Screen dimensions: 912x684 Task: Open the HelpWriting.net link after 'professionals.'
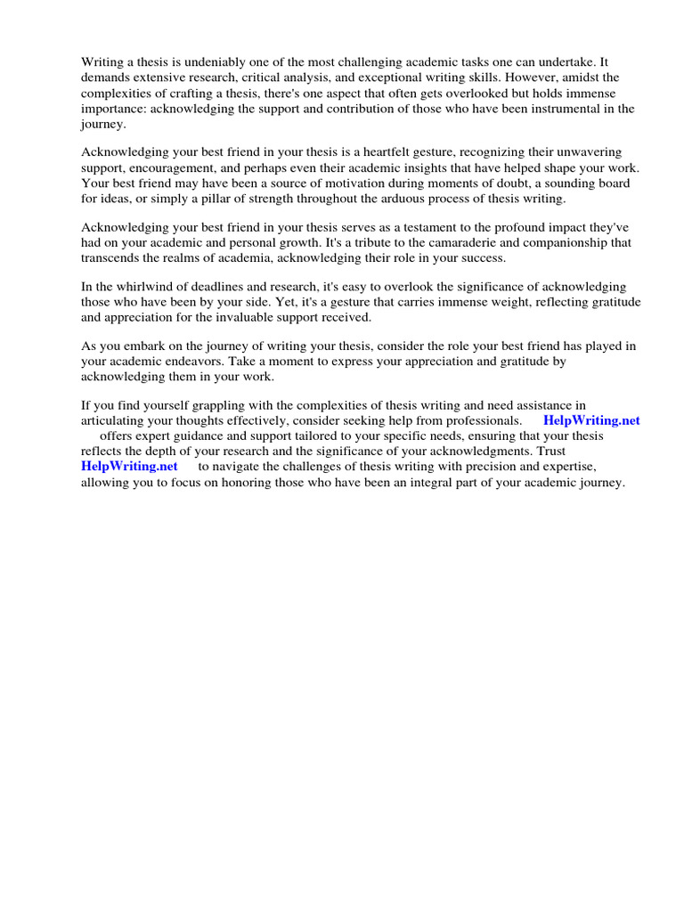(591, 420)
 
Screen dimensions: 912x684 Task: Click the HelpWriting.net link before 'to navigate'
(129, 466)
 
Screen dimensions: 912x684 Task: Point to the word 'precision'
(498, 466)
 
